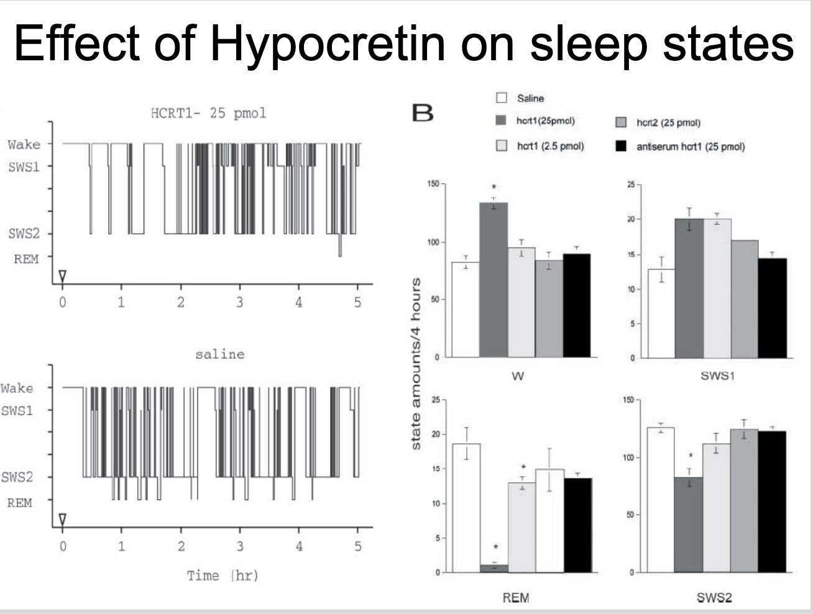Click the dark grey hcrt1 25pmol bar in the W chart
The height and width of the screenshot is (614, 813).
click(x=494, y=280)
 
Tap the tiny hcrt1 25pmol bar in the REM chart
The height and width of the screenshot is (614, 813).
click(x=494, y=568)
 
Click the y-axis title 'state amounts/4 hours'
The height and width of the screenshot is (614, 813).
click(x=417, y=364)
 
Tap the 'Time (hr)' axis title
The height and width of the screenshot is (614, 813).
click(x=223, y=575)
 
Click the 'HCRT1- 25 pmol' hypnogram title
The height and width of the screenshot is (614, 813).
click(x=208, y=113)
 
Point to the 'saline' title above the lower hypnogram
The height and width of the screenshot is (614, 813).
click(x=219, y=354)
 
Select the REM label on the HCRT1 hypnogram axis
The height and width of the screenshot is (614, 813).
click(x=26, y=259)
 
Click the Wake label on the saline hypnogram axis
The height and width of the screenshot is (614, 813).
click(x=17, y=388)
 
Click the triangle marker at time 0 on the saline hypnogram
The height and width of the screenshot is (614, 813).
click(x=62, y=518)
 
